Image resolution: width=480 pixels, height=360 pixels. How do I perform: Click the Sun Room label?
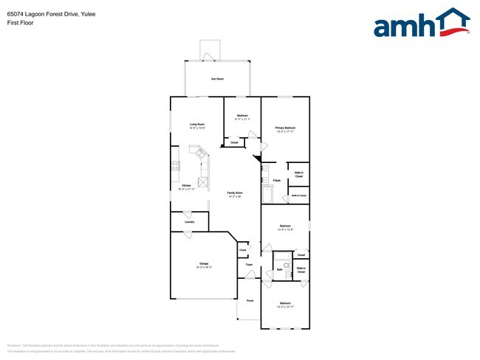click(x=217, y=78)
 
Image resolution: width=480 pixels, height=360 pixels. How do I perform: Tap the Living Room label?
click(x=196, y=124)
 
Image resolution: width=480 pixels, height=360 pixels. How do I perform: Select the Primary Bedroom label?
click(x=285, y=128)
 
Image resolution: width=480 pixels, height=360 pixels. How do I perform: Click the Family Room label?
click(x=235, y=193)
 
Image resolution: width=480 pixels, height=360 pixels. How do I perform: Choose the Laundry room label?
click(x=189, y=221)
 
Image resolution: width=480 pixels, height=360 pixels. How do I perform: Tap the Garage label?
click(x=203, y=263)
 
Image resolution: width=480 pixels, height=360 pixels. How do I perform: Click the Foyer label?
click(x=250, y=263)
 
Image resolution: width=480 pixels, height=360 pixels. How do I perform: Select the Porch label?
click(x=250, y=301)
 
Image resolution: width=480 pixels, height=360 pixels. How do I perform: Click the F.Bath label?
click(x=276, y=181)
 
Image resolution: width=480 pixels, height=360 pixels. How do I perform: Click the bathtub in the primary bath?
click(x=267, y=195)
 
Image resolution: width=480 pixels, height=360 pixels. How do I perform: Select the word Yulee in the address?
click(x=86, y=14)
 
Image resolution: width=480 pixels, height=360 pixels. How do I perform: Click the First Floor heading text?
click(x=21, y=23)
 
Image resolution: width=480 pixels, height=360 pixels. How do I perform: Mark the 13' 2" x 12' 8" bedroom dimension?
click(x=285, y=229)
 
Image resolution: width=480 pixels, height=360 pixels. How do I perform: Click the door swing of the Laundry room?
click(x=188, y=234)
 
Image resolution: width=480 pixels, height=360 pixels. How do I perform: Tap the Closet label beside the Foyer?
click(x=242, y=250)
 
